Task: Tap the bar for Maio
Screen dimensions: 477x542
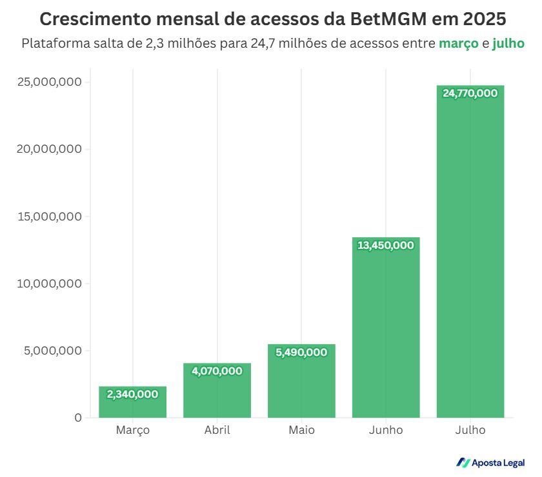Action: (301, 387)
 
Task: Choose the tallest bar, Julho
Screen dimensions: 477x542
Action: (470, 258)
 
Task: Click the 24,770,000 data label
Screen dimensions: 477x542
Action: (470, 93)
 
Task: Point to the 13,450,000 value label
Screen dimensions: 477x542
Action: (386, 246)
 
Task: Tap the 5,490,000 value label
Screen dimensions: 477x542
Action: (301, 353)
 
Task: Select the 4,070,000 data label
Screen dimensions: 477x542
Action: (217, 371)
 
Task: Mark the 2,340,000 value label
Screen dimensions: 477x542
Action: (132, 394)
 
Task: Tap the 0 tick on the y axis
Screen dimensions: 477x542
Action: (78, 418)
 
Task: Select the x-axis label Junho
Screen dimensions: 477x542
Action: (386, 430)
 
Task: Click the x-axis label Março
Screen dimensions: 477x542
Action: (132, 430)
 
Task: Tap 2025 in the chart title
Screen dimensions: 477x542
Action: (482, 17)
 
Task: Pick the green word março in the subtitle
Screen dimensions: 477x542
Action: (459, 44)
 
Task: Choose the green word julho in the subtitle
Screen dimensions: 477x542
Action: (508, 44)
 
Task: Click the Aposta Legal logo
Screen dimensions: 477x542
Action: (490, 462)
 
